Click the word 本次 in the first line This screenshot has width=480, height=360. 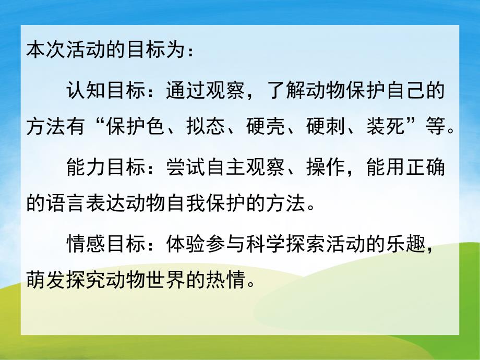click(44, 53)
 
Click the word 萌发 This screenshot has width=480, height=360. click(44, 282)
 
